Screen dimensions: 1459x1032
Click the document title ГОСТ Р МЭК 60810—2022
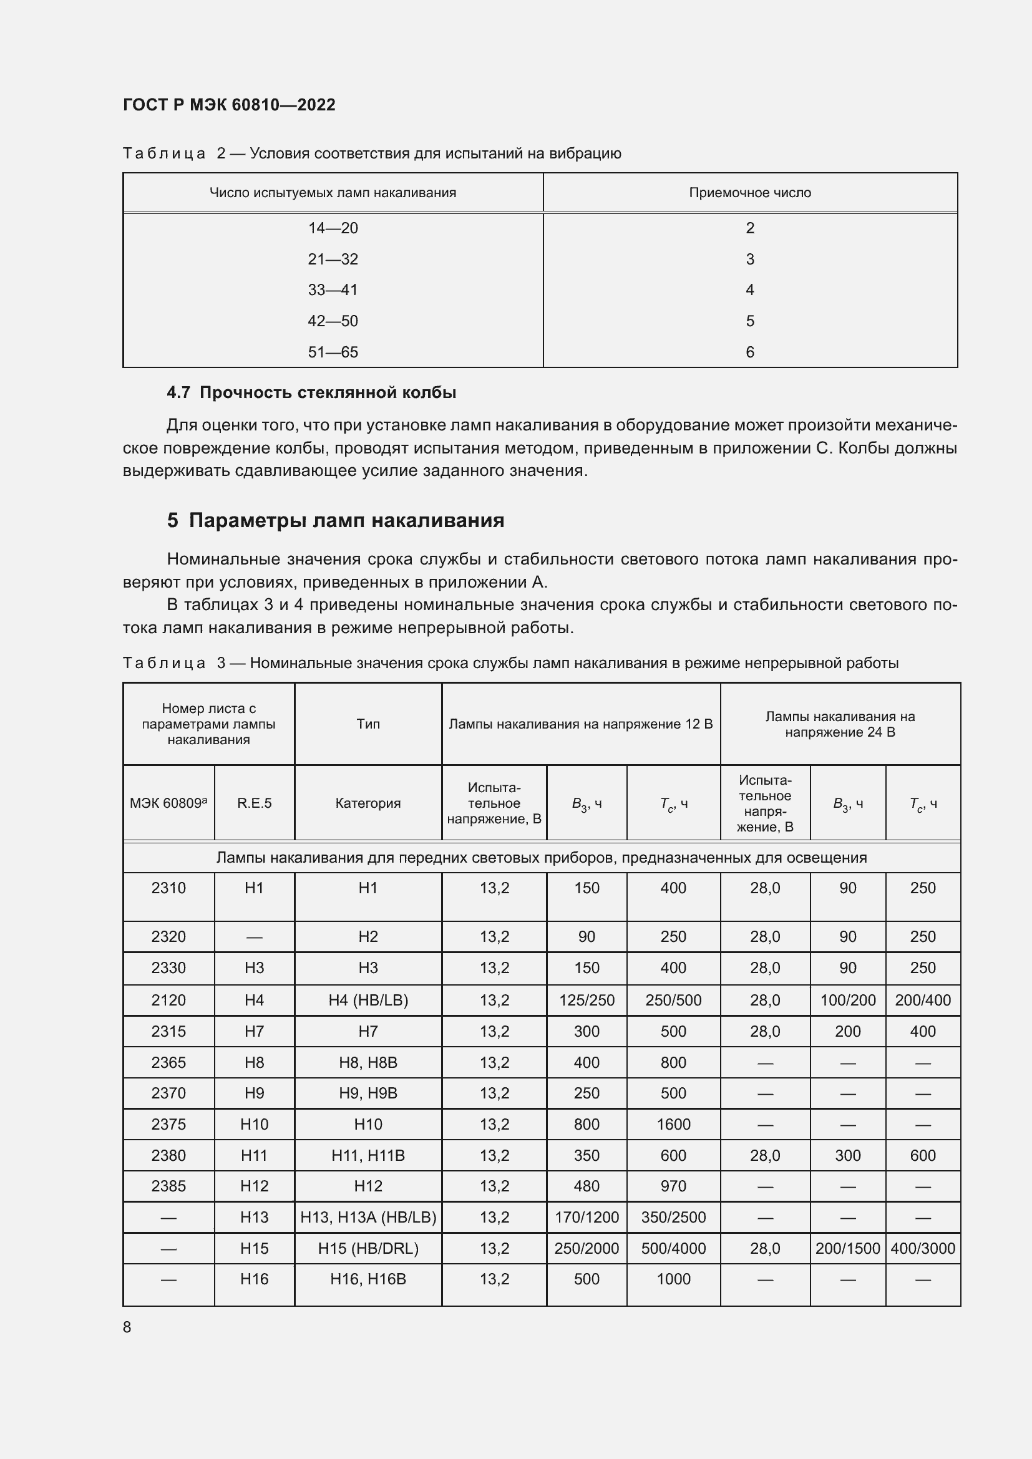coord(229,105)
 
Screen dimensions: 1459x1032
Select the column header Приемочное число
coord(750,193)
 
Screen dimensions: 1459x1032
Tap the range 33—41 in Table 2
coord(333,290)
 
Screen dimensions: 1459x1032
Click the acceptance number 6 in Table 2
coord(750,352)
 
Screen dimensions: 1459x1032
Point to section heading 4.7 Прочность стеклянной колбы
coord(311,393)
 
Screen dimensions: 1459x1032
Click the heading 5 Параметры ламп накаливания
coord(336,520)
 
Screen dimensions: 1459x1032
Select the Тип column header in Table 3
coord(368,724)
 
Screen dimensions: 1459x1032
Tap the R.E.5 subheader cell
coord(254,803)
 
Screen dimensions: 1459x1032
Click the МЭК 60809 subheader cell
coord(168,803)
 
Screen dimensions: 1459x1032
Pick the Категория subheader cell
coord(368,803)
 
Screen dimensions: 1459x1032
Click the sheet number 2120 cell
coord(168,1000)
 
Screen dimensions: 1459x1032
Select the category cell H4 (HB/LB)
coord(368,1000)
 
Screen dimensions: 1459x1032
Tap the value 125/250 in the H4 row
coord(587,1000)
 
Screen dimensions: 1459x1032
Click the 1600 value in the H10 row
coord(673,1124)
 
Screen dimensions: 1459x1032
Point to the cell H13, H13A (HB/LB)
coord(368,1217)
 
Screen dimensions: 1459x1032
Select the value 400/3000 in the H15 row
coord(923,1248)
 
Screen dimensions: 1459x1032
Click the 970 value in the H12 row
coord(673,1186)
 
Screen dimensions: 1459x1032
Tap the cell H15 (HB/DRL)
coord(368,1248)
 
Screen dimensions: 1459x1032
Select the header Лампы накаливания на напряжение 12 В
coord(581,724)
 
